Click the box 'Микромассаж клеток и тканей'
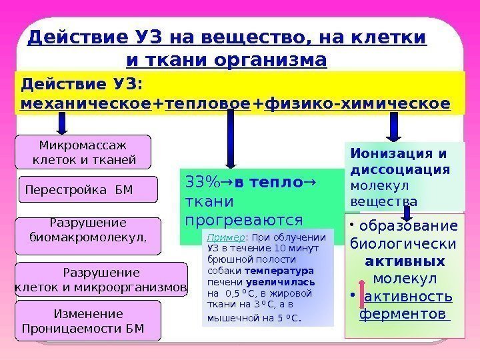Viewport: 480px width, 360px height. pyautogui.click(x=84, y=152)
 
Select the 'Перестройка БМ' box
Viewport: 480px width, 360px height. pyautogui.click(x=87, y=189)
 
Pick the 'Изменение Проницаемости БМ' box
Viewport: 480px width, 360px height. pyautogui.click(x=88, y=321)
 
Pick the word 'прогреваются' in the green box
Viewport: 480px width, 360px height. pyautogui.click(x=242, y=219)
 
